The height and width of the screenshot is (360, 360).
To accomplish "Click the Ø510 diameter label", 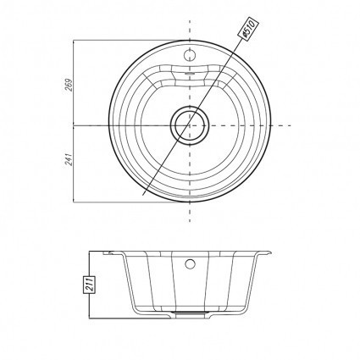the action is point(248,29).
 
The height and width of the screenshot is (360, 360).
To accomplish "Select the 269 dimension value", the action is point(69,85).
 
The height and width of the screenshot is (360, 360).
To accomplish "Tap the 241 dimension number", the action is point(69,159).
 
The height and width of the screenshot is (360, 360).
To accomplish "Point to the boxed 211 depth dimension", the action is point(90,285).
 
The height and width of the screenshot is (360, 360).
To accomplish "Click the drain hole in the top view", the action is point(189,125).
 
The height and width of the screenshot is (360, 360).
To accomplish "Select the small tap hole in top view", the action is point(189,54).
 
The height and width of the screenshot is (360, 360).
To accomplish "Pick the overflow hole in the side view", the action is point(190,263).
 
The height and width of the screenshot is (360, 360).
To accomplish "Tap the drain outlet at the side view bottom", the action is point(190,313).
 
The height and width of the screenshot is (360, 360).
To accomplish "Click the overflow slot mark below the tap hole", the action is point(190,73).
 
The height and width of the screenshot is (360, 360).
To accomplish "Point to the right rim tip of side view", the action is point(271,252).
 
